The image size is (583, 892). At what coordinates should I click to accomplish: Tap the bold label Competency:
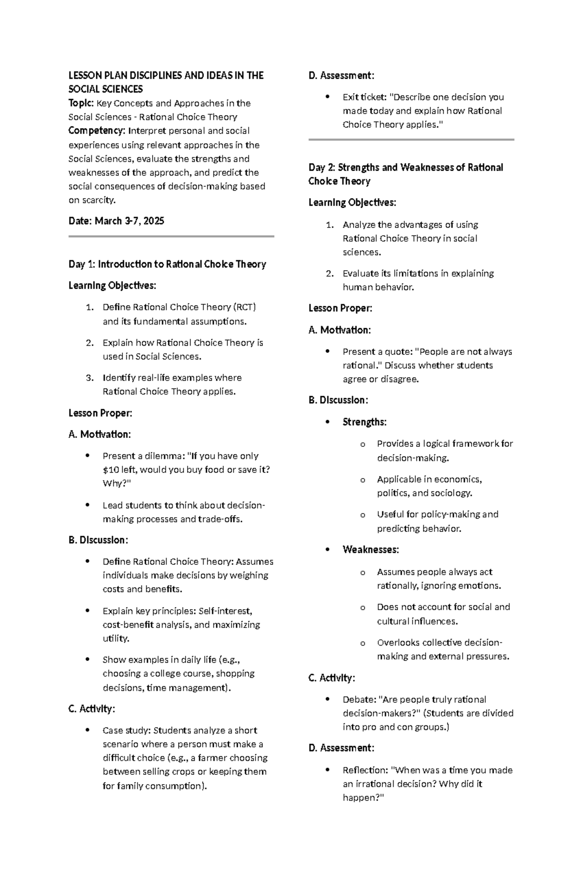pos(97,131)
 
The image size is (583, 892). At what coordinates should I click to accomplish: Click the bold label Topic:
pos(81,103)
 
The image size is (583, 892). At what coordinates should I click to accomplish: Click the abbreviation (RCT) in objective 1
pos(244,307)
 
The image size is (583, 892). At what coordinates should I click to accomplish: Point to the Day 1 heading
pos(167,264)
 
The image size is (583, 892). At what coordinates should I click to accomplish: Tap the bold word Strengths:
pos(364,422)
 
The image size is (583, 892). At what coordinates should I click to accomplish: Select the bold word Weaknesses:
pos(371,550)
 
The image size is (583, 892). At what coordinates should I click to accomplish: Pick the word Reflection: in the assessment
pos(365,770)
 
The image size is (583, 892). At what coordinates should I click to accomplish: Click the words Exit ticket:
pos(363,97)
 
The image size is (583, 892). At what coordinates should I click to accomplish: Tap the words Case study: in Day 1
pos(126,731)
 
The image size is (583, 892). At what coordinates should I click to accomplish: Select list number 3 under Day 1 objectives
pos(89,378)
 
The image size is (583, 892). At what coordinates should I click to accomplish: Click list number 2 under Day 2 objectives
pos(329,274)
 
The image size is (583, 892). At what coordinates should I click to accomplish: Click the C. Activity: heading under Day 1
pos(92,709)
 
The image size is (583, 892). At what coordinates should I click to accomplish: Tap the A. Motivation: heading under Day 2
pos(339,330)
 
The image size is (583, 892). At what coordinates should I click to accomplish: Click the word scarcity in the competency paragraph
pos(99,200)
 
